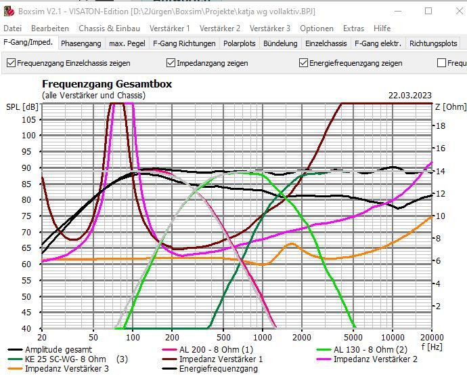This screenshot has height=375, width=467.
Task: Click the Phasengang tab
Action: tap(81, 43)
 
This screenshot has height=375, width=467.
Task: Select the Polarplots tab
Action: tap(240, 43)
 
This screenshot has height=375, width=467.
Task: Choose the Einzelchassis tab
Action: tap(326, 43)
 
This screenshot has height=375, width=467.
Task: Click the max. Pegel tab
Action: tap(127, 43)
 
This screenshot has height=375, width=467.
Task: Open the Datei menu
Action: tap(13, 28)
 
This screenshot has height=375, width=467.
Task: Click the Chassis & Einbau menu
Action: tap(109, 28)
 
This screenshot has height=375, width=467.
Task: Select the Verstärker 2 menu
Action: tap(219, 28)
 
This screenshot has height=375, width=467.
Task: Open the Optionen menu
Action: tap(317, 28)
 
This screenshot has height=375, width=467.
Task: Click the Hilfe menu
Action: tap(382, 28)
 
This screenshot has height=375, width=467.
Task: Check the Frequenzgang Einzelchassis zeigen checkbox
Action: tap(11, 63)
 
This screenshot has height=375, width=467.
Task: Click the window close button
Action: tap(449, 11)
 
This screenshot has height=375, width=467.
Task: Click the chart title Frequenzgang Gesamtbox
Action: tap(107, 84)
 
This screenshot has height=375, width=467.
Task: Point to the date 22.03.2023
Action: tap(410, 96)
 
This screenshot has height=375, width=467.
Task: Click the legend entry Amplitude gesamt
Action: tap(53, 350)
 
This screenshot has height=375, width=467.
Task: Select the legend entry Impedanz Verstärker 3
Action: tap(66, 369)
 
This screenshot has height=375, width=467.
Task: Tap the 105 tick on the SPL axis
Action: tap(29, 119)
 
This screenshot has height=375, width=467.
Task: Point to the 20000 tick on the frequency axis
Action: tap(430, 337)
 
